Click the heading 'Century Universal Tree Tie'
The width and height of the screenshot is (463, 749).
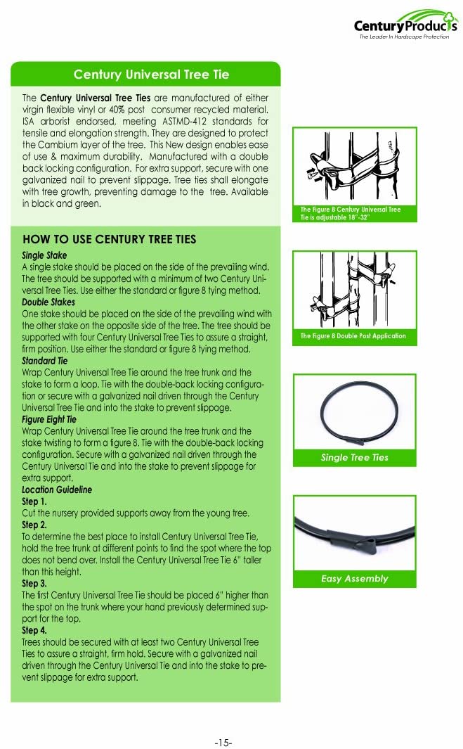click(151, 75)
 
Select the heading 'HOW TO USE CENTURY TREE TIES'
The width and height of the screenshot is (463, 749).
click(109, 240)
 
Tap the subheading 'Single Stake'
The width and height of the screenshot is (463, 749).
click(44, 255)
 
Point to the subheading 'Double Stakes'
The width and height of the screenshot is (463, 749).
click(48, 301)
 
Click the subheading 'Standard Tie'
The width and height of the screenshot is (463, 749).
click(45, 360)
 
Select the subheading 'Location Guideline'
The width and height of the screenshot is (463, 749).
click(57, 489)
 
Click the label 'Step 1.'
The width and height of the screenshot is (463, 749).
click(34, 501)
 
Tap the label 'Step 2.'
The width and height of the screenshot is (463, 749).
click(34, 525)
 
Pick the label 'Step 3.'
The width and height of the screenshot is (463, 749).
click(34, 583)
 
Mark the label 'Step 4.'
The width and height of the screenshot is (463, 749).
click(34, 630)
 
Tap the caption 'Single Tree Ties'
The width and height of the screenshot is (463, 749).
click(354, 458)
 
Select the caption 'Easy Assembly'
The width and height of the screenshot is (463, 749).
click(354, 579)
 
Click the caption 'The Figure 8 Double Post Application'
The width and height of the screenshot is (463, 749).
click(353, 336)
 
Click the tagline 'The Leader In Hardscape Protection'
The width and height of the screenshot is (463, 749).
click(403, 37)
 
